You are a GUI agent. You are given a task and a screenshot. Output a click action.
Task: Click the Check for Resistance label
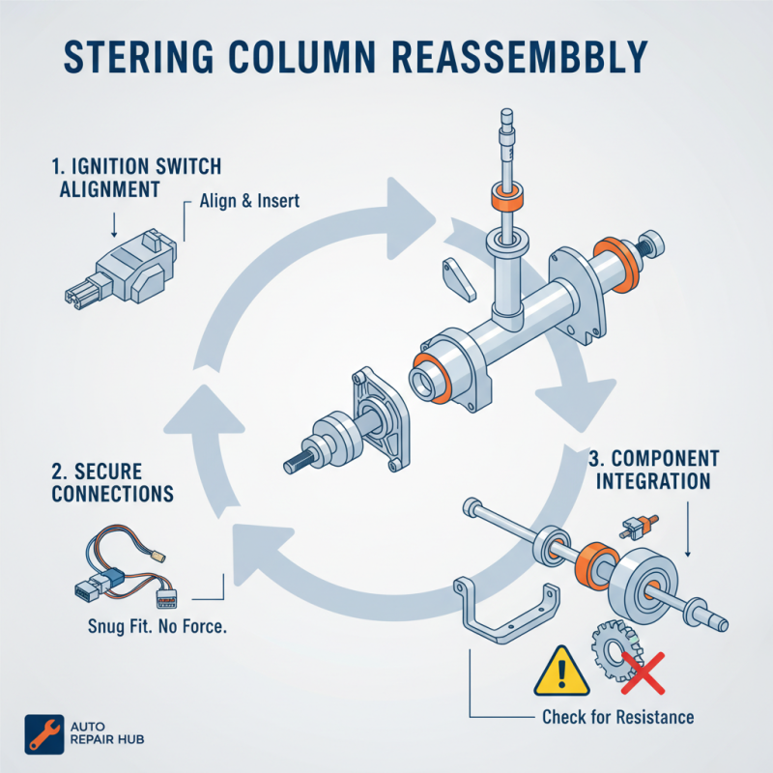point(617,717)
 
